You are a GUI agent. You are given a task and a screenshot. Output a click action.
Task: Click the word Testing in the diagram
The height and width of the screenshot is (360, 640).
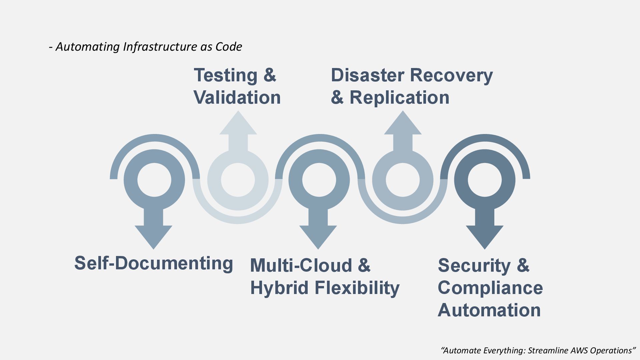225,75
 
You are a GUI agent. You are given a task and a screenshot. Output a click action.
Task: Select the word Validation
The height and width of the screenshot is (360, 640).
237,98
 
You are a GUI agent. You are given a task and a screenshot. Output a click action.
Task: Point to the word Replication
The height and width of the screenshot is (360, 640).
399,98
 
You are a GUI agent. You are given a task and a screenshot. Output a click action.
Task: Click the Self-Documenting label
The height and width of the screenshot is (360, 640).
153,263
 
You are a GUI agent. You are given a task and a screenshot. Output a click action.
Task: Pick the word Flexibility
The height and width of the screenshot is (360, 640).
357,288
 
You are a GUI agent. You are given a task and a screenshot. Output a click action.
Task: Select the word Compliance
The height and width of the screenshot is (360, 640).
490,288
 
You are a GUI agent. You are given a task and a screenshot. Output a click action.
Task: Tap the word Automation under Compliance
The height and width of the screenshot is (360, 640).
489,310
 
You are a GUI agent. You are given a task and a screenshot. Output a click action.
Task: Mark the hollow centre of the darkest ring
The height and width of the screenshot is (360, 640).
484,180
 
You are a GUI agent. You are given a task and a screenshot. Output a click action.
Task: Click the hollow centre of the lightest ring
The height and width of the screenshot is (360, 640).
238,180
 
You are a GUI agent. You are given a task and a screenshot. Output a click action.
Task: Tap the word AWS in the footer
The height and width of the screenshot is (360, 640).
580,350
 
